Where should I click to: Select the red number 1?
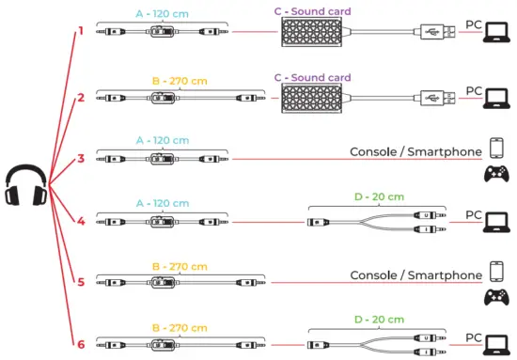[81, 30]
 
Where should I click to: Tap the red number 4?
[81, 222]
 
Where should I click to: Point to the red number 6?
[81, 344]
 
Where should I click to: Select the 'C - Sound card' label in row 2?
[314, 77]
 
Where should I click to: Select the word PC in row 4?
[474, 214]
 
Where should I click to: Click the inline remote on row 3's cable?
[162, 158]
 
